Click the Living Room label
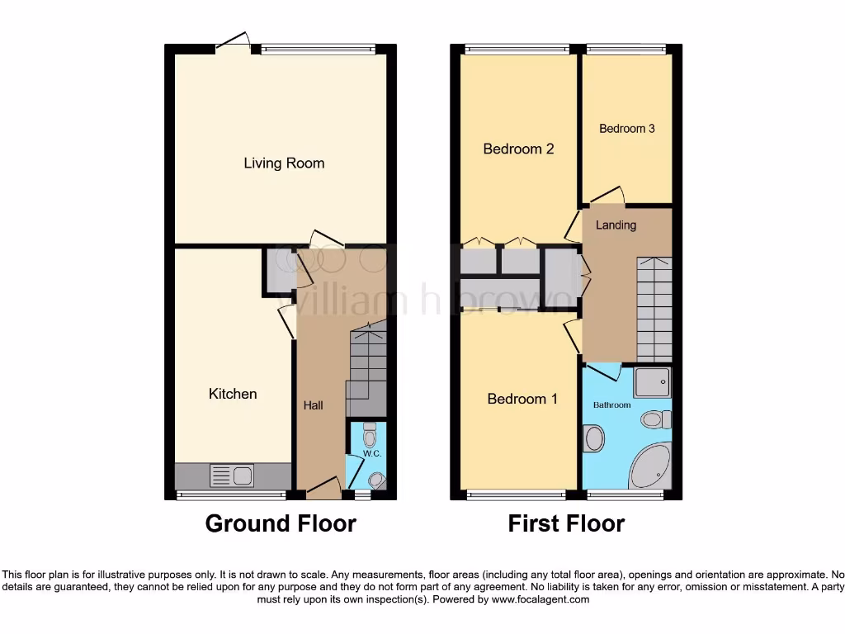(284, 163)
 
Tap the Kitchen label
(232, 394)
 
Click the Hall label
(313, 405)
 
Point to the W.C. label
(371, 454)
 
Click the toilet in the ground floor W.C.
(369, 435)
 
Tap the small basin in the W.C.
(376, 480)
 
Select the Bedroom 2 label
(518, 149)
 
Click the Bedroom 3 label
(627, 129)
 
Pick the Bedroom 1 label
(522, 399)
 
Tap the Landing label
(616, 225)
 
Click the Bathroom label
(611, 405)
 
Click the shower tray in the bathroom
(652, 382)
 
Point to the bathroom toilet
(656, 419)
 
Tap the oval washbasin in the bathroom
(593, 438)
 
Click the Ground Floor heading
(281, 523)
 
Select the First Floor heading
(566, 523)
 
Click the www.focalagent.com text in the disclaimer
(541, 599)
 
